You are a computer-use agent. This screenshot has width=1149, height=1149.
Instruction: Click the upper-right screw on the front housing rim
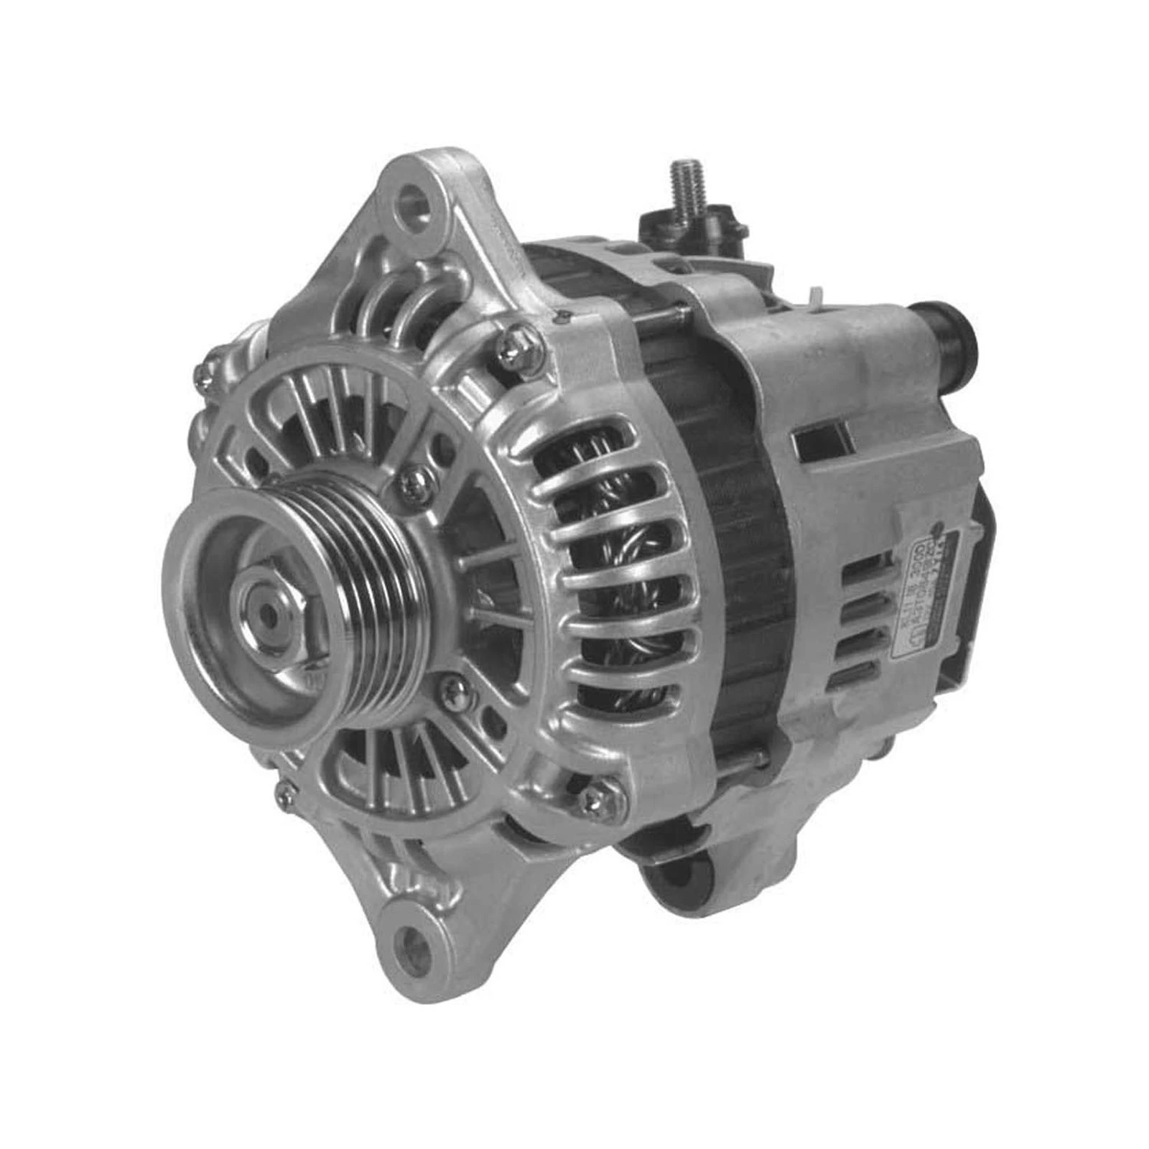516,348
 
